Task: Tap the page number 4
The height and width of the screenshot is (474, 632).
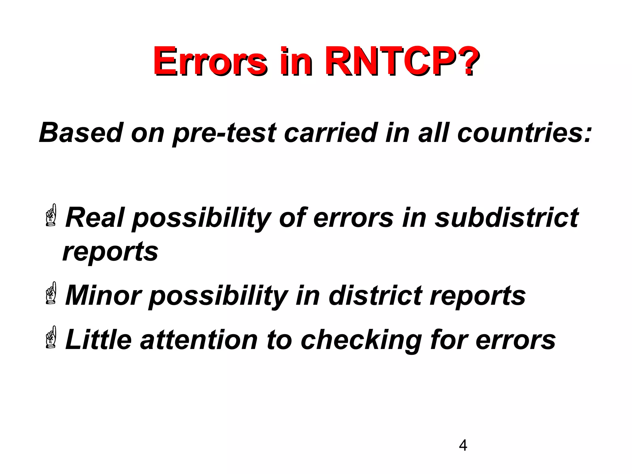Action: [x=463, y=446]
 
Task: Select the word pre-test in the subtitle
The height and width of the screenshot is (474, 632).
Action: [x=224, y=133]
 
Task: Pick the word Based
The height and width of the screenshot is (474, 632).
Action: [x=81, y=133]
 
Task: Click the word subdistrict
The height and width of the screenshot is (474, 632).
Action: [x=506, y=218]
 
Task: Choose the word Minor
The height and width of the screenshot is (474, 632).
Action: [x=103, y=296]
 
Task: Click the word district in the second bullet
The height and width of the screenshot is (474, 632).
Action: [x=375, y=296]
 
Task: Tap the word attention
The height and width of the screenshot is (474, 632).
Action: [x=199, y=340]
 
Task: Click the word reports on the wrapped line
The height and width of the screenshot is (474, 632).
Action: [x=110, y=252]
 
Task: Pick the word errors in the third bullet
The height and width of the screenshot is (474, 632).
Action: [x=515, y=340]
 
